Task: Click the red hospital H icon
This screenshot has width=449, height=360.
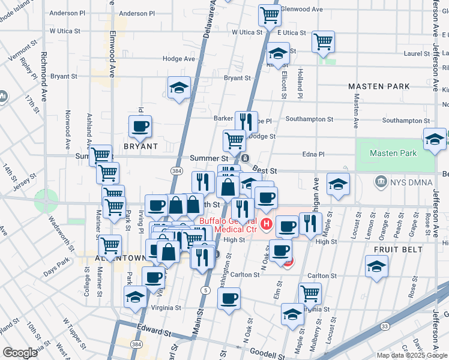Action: pyautogui.click(x=267, y=226)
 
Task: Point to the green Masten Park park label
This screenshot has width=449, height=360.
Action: pyautogui.click(x=393, y=153)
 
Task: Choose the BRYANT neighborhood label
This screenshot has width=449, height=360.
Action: pyautogui.click(x=140, y=146)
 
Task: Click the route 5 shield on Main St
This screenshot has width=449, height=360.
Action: pyautogui.click(x=205, y=290)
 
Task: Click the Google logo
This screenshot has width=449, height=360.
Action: pyautogui.click(x=20, y=353)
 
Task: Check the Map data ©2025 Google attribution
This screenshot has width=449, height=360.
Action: pyautogui.click(x=412, y=355)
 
